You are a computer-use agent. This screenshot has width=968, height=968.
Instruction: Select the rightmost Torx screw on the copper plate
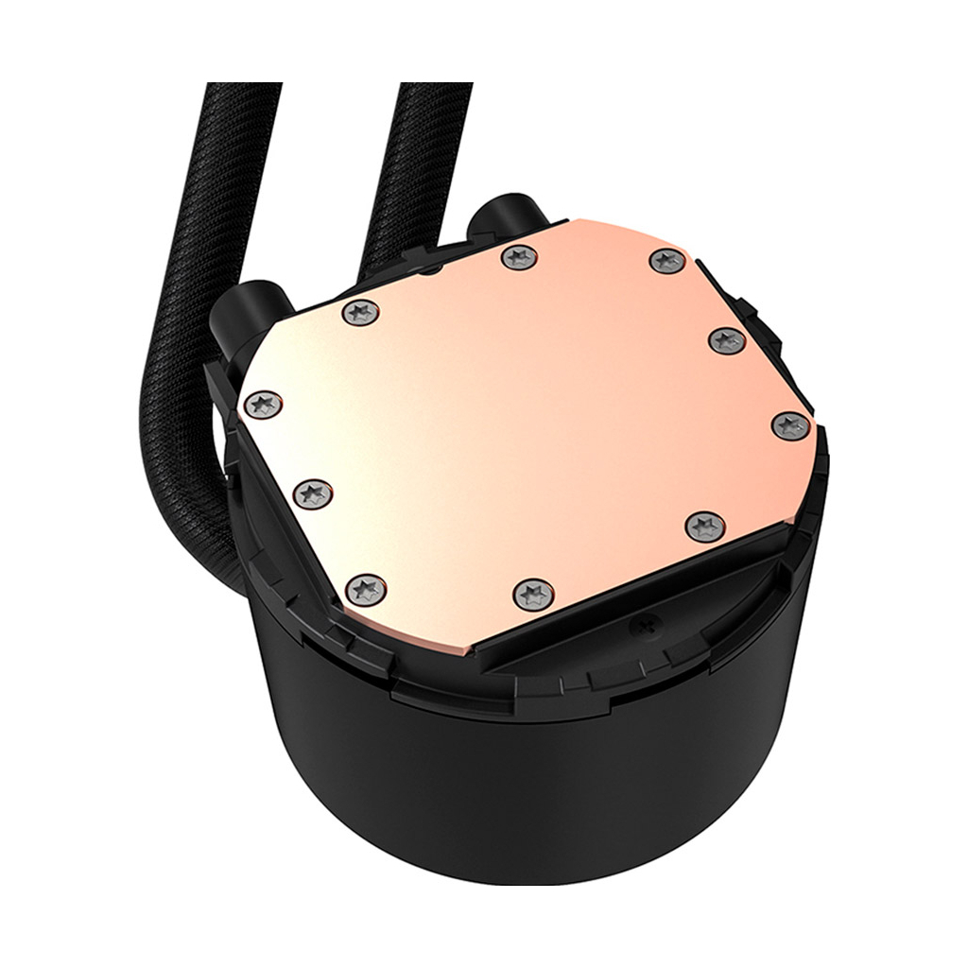[790, 426]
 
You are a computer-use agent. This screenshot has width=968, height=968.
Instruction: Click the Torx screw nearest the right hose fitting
[517, 256]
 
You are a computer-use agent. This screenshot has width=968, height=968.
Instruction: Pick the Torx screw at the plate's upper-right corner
[667, 261]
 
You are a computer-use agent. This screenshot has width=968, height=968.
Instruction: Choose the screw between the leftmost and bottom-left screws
[311, 492]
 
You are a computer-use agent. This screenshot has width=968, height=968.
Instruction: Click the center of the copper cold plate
[529, 425]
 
